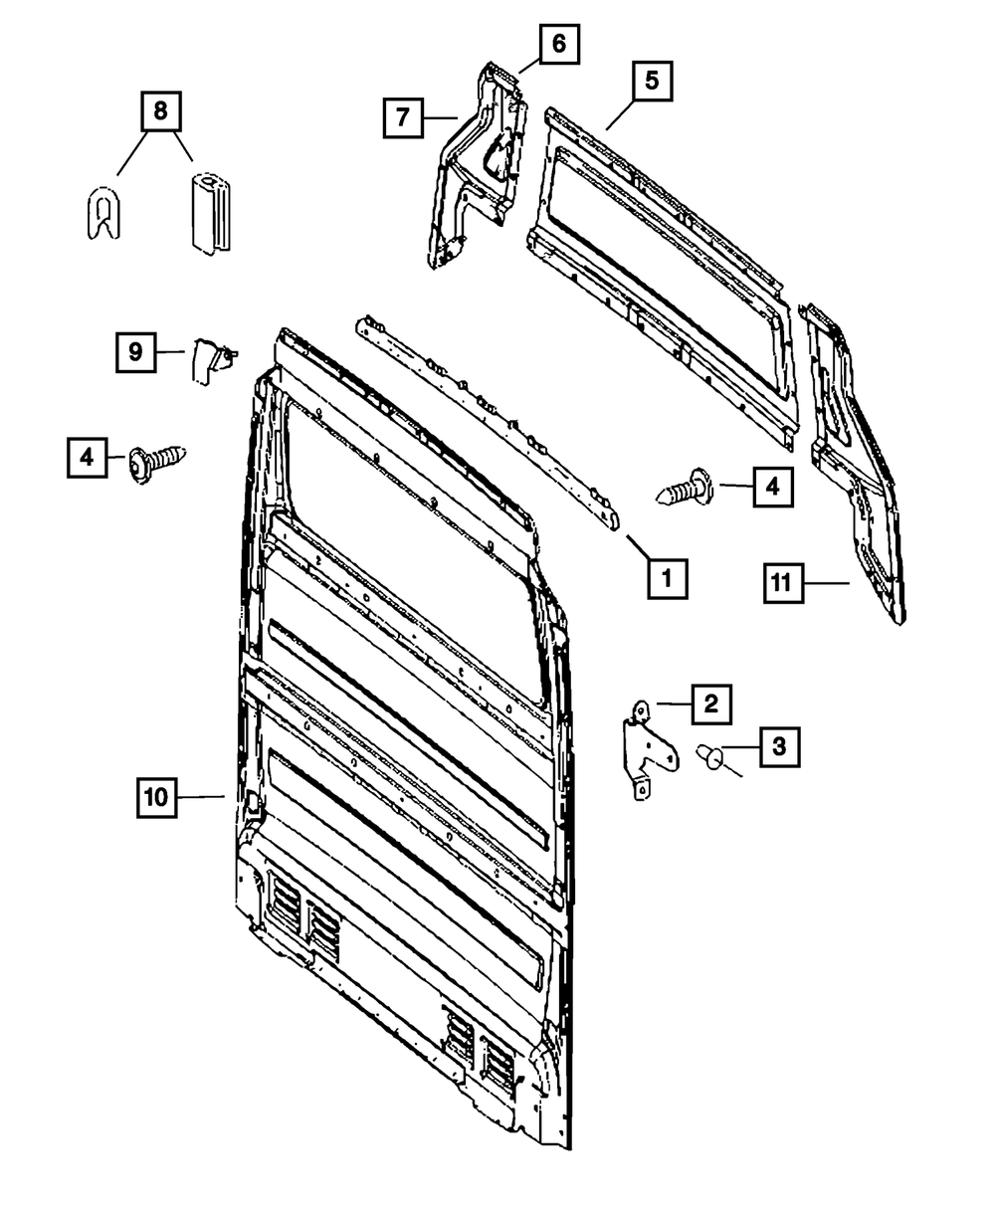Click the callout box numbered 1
click(x=668, y=576)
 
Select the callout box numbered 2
click(x=710, y=705)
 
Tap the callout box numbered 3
click(x=779, y=745)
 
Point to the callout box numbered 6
click(x=558, y=43)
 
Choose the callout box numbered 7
click(x=403, y=117)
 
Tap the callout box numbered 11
click(x=783, y=583)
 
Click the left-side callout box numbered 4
click(x=88, y=458)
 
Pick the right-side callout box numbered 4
click(x=773, y=487)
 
